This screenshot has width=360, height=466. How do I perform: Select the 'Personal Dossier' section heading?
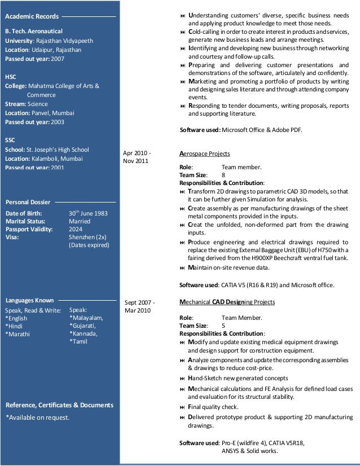point(28,201)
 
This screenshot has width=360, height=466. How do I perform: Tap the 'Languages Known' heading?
point(29,300)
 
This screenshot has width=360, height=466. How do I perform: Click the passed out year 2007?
point(58,59)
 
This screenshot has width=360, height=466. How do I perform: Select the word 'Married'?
point(80,222)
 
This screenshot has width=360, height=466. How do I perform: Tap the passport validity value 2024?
point(76,230)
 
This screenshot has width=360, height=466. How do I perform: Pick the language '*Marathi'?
point(17,334)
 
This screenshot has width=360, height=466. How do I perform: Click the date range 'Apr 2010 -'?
point(137,153)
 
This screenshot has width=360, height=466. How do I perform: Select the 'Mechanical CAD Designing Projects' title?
point(227,302)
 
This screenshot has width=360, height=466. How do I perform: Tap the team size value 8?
point(223,175)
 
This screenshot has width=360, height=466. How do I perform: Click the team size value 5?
point(223,326)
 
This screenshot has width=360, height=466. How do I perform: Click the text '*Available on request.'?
point(37,417)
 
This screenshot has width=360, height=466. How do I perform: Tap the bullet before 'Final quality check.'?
point(182,407)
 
